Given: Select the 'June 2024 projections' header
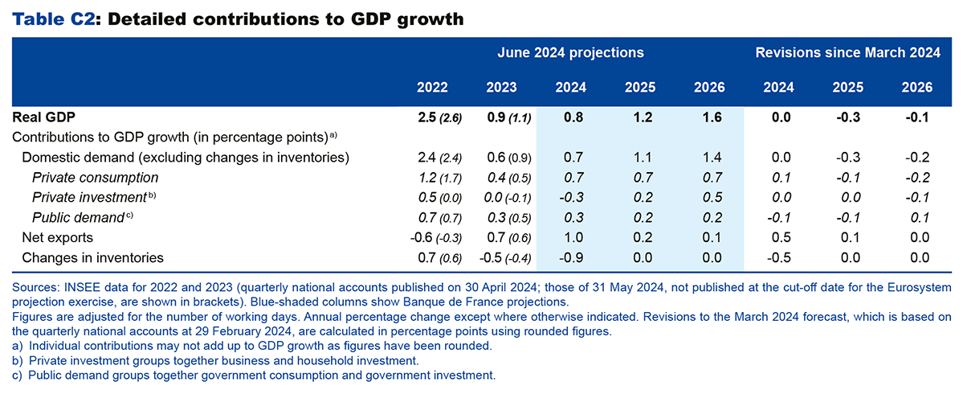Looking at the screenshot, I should point(569,53).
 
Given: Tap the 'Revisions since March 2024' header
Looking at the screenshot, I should point(847,53).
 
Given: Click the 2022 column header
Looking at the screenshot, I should point(433,88).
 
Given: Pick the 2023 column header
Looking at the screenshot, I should point(502,88).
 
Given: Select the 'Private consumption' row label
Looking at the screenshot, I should point(95,177).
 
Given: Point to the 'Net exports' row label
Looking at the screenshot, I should point(58,237).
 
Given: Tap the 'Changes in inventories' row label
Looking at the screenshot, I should point(93,257).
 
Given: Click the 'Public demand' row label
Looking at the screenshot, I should point(78,217).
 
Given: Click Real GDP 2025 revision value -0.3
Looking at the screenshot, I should point(847,117).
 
